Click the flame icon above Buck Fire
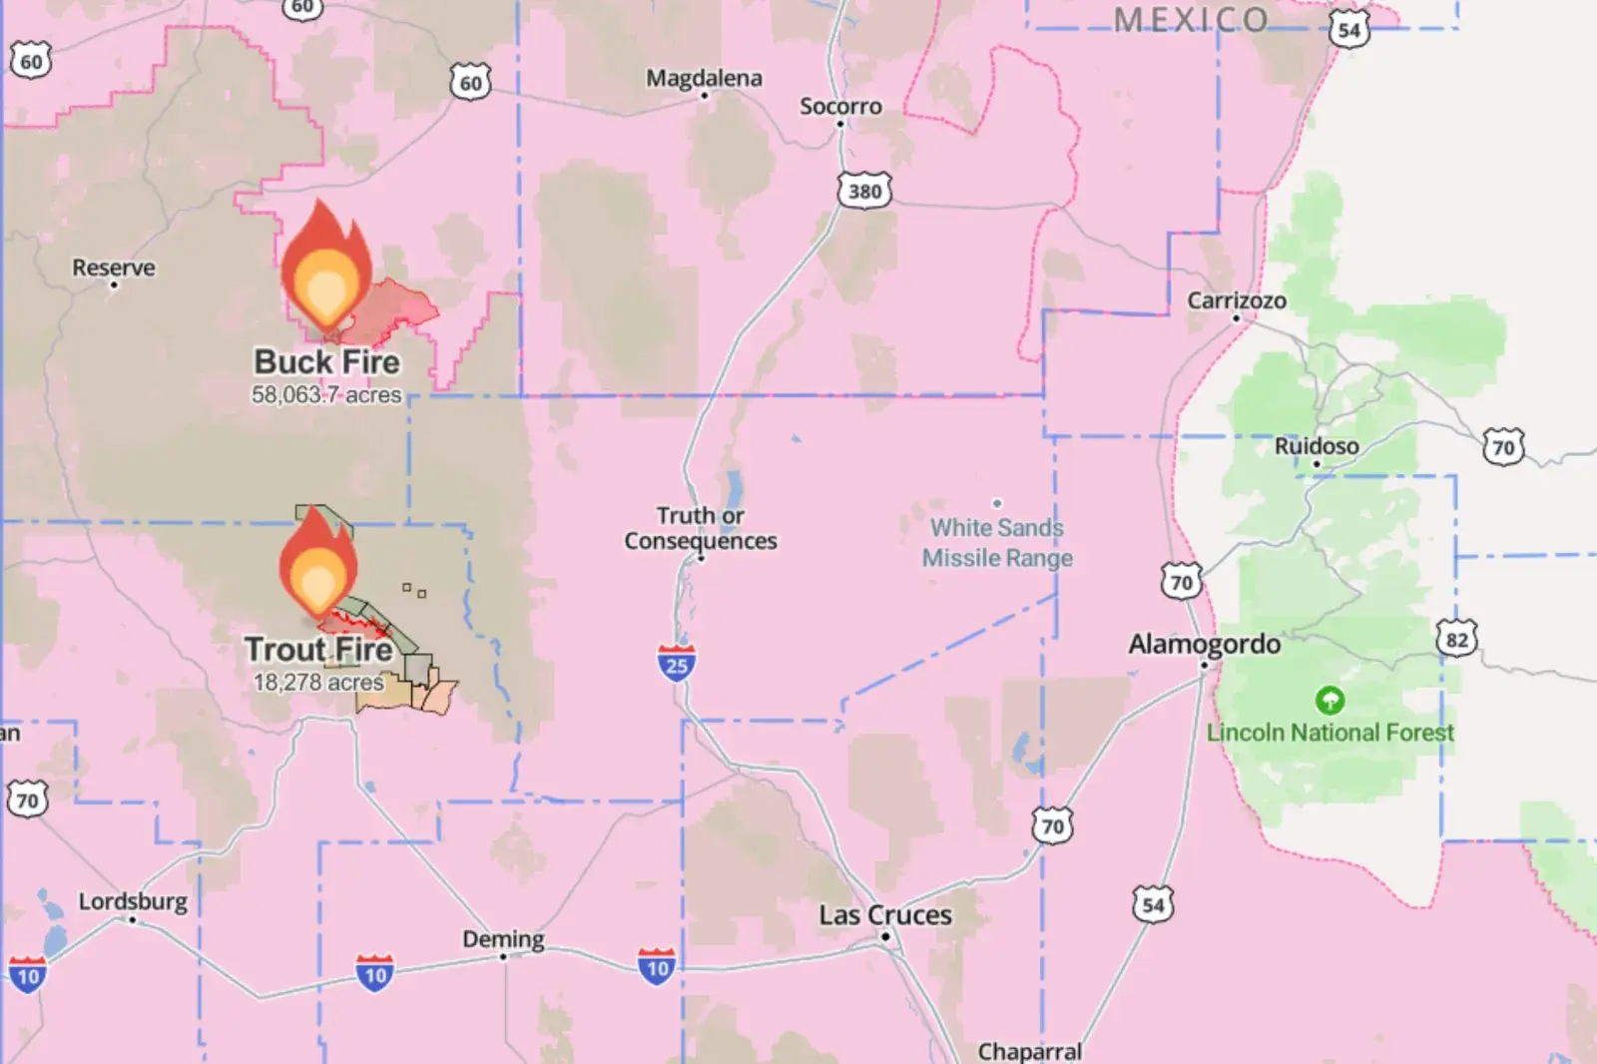pyautogui.click(x=325, y=269)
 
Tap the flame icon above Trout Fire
pyautogui.click(x=318, y=563)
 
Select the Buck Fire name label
pyautogui.click(x=326, y=361)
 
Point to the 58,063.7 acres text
pyautogui.click(x=326, y=395)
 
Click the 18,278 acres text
pyautogui.click(x=318, y=683)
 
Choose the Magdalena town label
pyautogui.click(x=704, y=78)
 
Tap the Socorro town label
pyautogui.click(x=840, y=106)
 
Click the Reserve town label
pyautogui.click(x=114, y=267)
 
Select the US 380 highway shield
pyautogui.click(x=864, y=191)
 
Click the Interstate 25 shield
pyautogui.click(x=677, y=663)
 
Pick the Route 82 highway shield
pyautogui.click(x=1456, y=639)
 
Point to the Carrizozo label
pyautogui.click(x=1237, y=300)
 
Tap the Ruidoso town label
pyautogui.click(x=1317, y=446)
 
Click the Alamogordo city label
pyautogui.click(x=1205, y=644)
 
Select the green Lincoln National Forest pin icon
pyautogui.click(x=1330, y=700)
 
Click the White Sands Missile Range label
pyautogui.click(x=997, y=542)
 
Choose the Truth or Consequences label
pyautogui.click(x=701, y=528)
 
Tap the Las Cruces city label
pyautogui.click(x=885, y=914)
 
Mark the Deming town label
pyautogui.click(x=503, y=939)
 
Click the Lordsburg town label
pyautogui.click(x=133, y=901)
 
